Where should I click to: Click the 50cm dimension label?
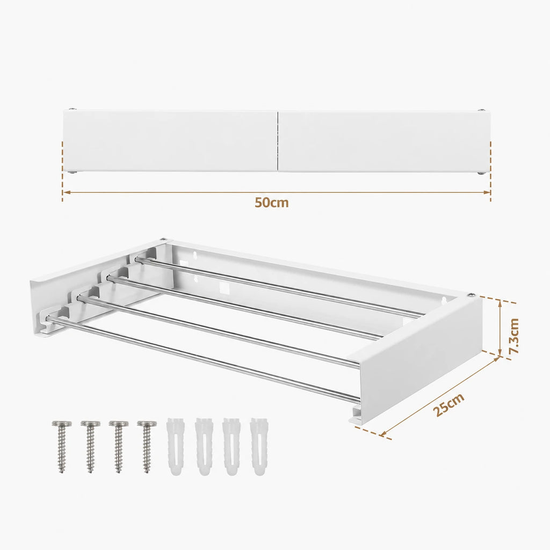click(271, 202)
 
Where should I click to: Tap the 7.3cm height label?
click(514, 336)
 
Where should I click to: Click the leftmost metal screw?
click(62, 446)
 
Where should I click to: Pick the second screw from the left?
click(90, 446)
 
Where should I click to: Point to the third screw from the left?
click(119, 446)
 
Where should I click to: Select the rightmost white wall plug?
click(258, 446)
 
